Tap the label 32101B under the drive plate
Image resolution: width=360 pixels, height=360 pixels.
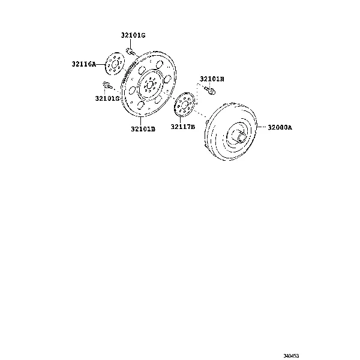143,128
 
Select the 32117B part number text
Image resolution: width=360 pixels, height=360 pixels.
182,126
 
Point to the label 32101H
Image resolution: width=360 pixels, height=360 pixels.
212,79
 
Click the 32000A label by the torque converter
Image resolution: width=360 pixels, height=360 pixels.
280,127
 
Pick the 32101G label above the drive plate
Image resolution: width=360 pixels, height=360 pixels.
133,36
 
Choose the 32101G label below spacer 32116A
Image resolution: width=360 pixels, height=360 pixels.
107,98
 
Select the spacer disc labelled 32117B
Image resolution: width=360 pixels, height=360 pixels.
184,104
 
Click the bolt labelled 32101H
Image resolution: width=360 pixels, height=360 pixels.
209,91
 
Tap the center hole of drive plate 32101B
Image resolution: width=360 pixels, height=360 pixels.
149,85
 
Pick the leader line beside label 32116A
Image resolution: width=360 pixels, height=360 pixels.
101,62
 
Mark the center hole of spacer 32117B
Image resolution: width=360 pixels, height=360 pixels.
184,104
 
